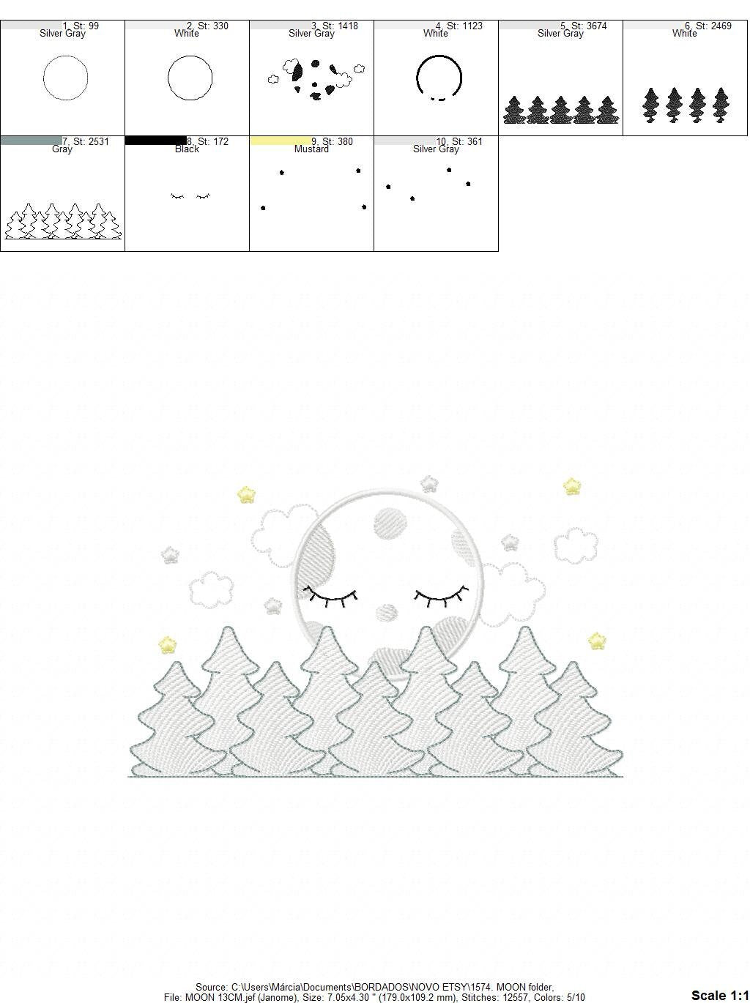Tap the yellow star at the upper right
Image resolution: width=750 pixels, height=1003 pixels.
click(572, 486)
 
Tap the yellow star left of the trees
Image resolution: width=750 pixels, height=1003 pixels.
click(168, 645)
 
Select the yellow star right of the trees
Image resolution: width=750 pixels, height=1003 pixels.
click(597, 642)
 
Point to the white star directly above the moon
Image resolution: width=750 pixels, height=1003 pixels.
click(428, 483)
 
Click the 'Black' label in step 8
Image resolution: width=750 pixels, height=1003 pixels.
click(187, 149)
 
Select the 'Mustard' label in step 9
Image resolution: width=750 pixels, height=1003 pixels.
click(311, 149)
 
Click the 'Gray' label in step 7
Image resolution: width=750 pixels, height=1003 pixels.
click(62, 149)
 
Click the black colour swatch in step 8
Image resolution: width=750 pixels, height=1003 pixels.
click(155, 141)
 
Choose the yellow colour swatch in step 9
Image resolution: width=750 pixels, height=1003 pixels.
click(281, 141)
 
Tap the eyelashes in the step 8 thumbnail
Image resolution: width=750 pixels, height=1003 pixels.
click(190, 196)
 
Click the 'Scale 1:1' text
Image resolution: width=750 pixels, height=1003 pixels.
click(719, 995)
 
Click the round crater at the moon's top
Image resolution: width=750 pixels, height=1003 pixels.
click(390, 524)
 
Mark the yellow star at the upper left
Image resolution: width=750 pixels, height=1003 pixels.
click(246, 495)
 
